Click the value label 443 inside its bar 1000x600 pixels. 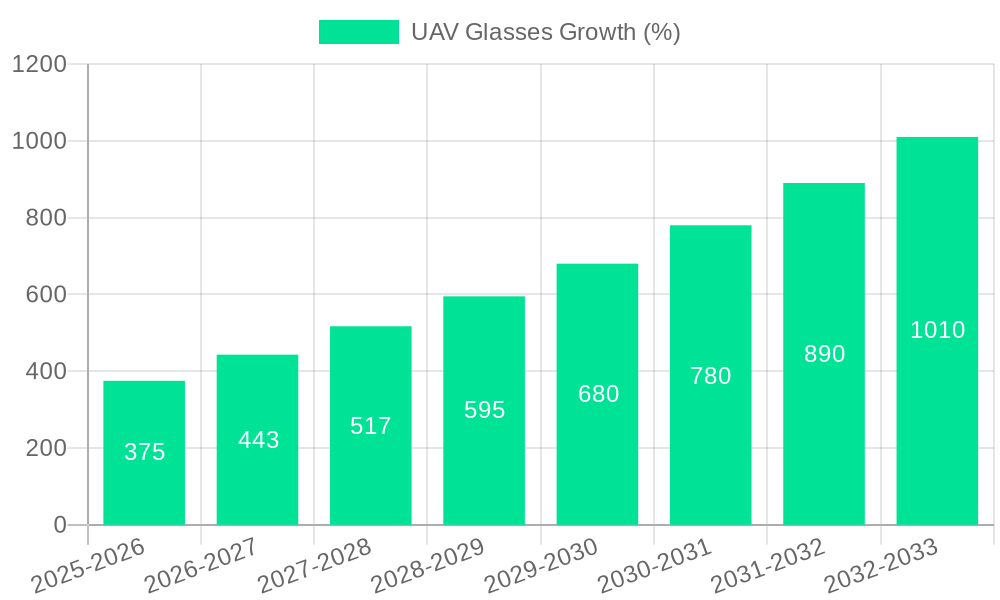[x=258, y=440]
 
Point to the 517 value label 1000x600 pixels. [x=371, y=426]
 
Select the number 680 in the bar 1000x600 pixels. [x=598, y=394]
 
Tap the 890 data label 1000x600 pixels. [x=824, y=354]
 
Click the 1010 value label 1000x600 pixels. [x=937, y=330]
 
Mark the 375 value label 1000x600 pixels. [x=144, y=452]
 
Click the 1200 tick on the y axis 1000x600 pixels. [x=39, y=65]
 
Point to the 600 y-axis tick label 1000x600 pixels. [x=45, y=295]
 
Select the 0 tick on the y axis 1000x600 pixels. [x=59, y=525]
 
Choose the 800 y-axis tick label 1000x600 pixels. [x=45, y=218]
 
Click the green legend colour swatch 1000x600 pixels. [x=358, y=32]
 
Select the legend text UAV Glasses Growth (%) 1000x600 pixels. [x=545, y=32]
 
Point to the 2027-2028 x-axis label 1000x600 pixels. [x=315, y=566]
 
